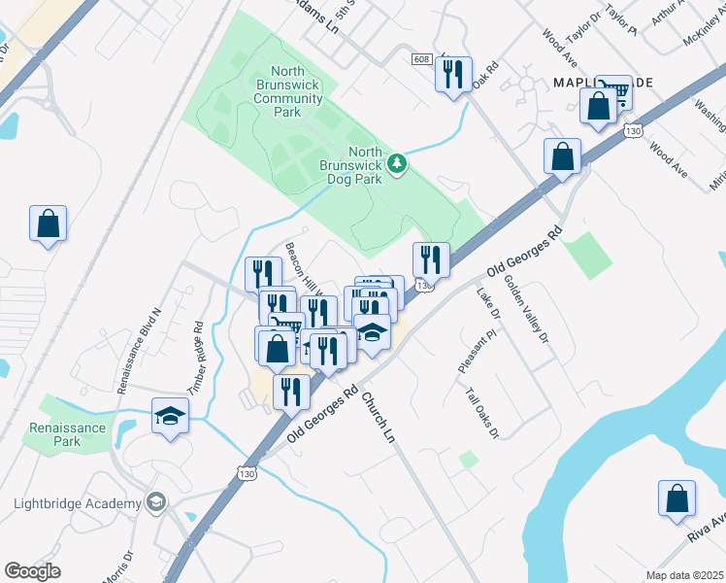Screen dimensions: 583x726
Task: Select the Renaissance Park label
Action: click(67, 434)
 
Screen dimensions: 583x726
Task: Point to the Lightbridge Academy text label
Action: click(78, 502)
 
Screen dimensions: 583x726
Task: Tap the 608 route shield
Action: click(420, 59)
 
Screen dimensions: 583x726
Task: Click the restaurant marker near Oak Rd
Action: click(453, 74)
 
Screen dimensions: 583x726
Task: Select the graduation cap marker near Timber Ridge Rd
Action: click(170, 416)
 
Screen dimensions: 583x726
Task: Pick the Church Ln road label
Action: click(379, 418)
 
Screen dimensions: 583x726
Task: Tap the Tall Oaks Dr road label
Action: click(482, 414)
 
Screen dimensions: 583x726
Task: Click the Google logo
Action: click(32, 571)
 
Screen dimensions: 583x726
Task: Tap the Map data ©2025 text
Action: click(684, 575)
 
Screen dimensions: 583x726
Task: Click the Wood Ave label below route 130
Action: click(669, 160)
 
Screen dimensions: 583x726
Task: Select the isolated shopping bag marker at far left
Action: click(48, 223)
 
